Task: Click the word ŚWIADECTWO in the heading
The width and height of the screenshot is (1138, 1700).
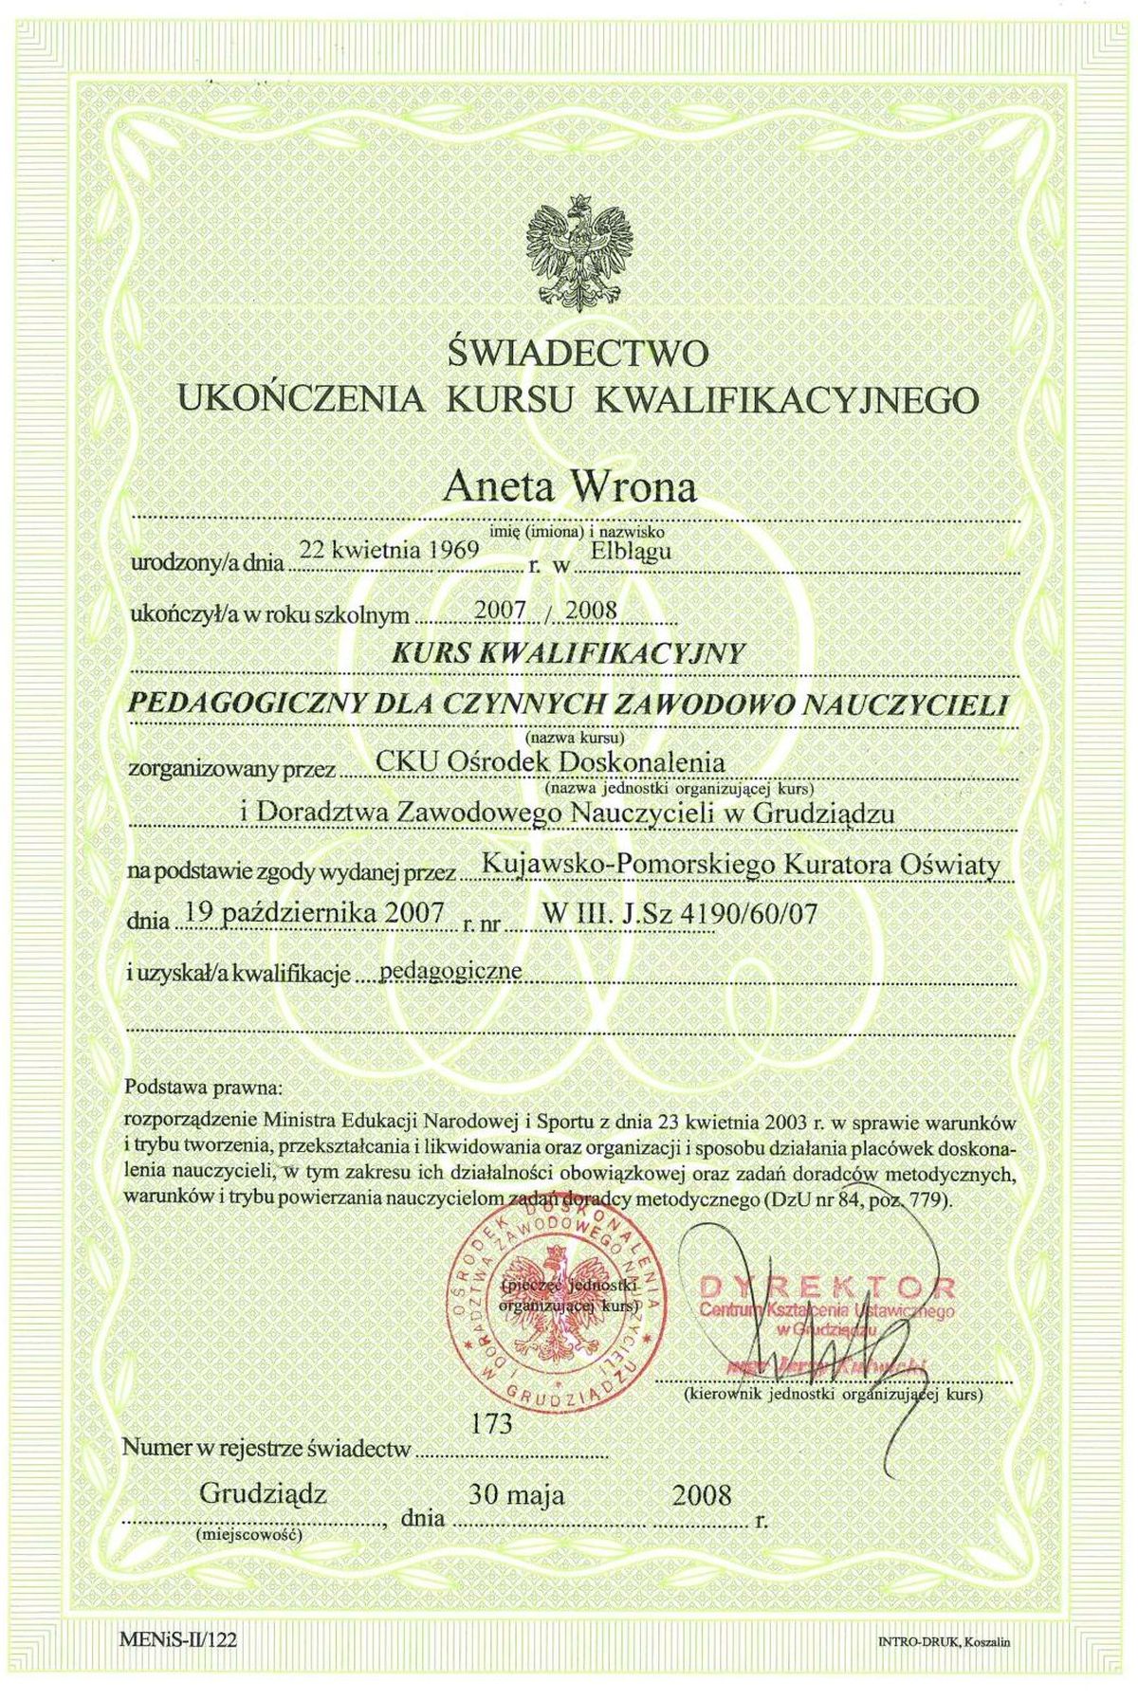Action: (x=578, y=354)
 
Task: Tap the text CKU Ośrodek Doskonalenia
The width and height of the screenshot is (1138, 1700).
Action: (x=550, y=761)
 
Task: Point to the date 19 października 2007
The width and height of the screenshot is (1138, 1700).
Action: (x=315, y=913)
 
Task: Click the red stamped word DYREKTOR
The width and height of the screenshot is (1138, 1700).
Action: (x=827, y=1287)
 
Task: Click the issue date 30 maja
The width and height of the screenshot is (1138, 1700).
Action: (x=517, y=1495)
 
